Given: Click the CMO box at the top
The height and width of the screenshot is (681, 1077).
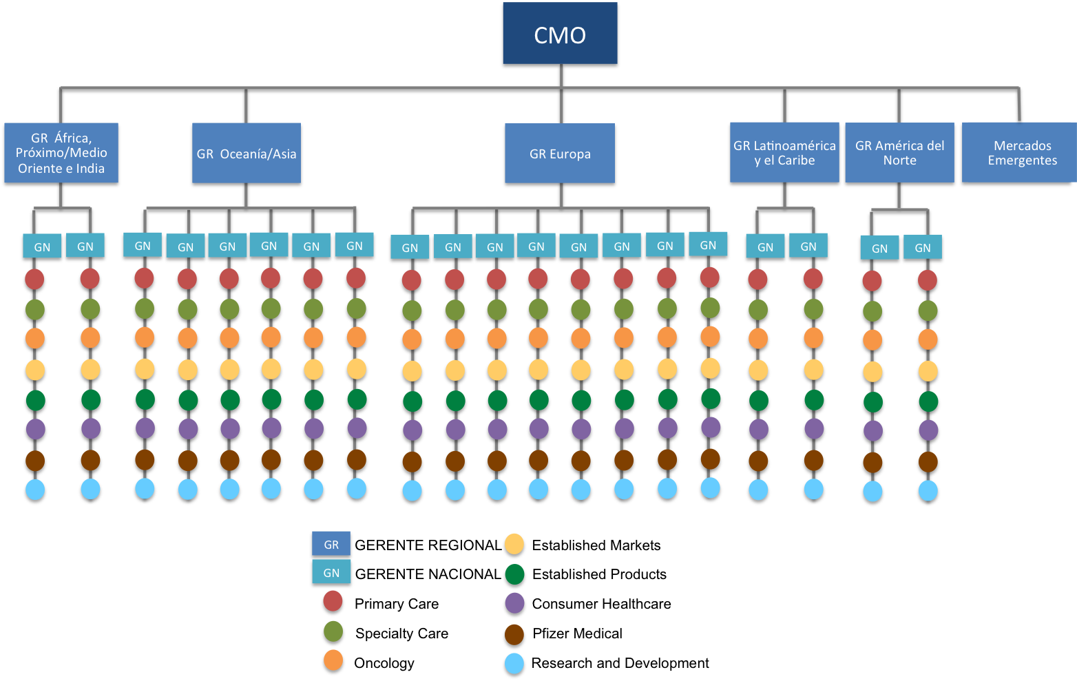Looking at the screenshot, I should [x=560, y=35].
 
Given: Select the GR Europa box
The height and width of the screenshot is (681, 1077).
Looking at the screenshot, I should [x=560, y=154].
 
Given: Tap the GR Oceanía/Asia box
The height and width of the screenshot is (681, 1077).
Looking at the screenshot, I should [x=247, y=154].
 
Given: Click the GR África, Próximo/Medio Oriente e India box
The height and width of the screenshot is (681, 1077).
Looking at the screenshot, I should [x=61, y=154].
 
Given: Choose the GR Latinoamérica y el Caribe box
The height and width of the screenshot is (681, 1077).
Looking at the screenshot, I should [x=784, y=153].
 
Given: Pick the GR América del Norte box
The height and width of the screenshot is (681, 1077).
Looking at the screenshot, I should [x=899, y=153].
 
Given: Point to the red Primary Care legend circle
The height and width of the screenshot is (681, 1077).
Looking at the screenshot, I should [x=333, y=603].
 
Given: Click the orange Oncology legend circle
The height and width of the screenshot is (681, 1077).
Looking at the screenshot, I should [x=333, y=662].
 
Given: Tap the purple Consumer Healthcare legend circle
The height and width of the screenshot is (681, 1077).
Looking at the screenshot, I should [x=514, y=604].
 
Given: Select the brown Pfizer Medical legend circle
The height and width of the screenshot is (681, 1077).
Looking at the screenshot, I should [x=514, y=634].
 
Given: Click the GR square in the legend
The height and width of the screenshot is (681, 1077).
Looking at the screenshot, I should [x=331, y=544].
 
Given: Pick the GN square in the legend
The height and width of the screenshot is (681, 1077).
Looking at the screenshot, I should [x=331, y=572].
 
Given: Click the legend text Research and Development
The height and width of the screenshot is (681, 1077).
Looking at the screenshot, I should [x=620, y=663].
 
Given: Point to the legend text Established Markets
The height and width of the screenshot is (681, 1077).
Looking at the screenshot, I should [x=596, y=545].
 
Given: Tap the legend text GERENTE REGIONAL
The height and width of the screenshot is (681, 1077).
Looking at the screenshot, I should [x=428, y=545].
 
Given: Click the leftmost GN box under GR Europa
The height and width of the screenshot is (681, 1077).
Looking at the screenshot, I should [x=410, y=248].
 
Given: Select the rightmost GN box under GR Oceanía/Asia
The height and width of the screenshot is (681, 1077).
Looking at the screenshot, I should [x=354, y=246].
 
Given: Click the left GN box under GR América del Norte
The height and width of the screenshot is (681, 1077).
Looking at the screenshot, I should [x=879, y=249].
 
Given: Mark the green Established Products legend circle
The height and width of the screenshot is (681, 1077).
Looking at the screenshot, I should [x=514, y=574].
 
